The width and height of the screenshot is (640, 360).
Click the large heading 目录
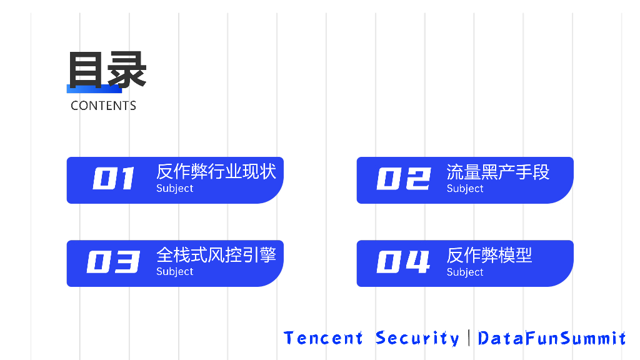click(x=107, y=69)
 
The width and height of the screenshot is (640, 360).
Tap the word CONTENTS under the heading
click(x=103, y=106)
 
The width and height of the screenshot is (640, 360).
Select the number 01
click(x=114, y=179)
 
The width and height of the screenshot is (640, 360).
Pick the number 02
click(x=404, y=179)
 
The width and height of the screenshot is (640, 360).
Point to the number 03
click(x=113, y=262)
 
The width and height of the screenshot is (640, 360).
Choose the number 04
click(x=404, y=262)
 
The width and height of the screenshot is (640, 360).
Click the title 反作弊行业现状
click(x=216, y=171)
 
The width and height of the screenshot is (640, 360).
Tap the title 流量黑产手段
click(x=498, y=171)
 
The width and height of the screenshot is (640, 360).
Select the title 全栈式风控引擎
click(x=216, y=254)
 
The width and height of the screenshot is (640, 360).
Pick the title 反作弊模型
click(x=489, y=255)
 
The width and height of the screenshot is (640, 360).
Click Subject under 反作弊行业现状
click(x=175, y=188)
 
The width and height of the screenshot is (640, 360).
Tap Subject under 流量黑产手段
click(x=465, y=188)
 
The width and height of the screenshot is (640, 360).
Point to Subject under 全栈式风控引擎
click(x=175, y=271)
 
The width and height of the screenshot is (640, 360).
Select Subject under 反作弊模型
click(x=465, y=272)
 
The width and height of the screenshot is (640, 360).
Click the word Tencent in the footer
click(x=323, y=338)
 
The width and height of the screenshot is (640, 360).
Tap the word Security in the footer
click(x=417, y=338)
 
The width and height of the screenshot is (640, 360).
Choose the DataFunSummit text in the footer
click(x=552, y=338)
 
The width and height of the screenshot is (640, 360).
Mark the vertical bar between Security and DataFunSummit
click(x=469, y=338)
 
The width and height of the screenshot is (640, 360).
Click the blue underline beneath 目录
click(x=94, y=89)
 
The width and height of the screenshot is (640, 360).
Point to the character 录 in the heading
click(x=127, y=69)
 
